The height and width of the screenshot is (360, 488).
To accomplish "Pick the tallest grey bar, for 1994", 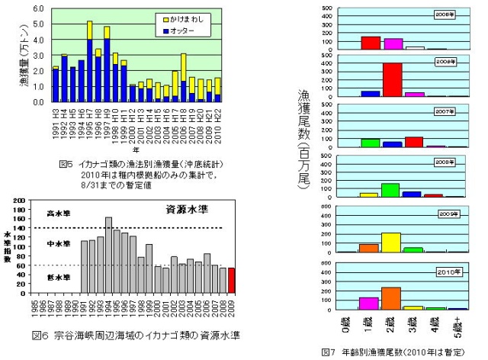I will (x=108, y=254).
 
